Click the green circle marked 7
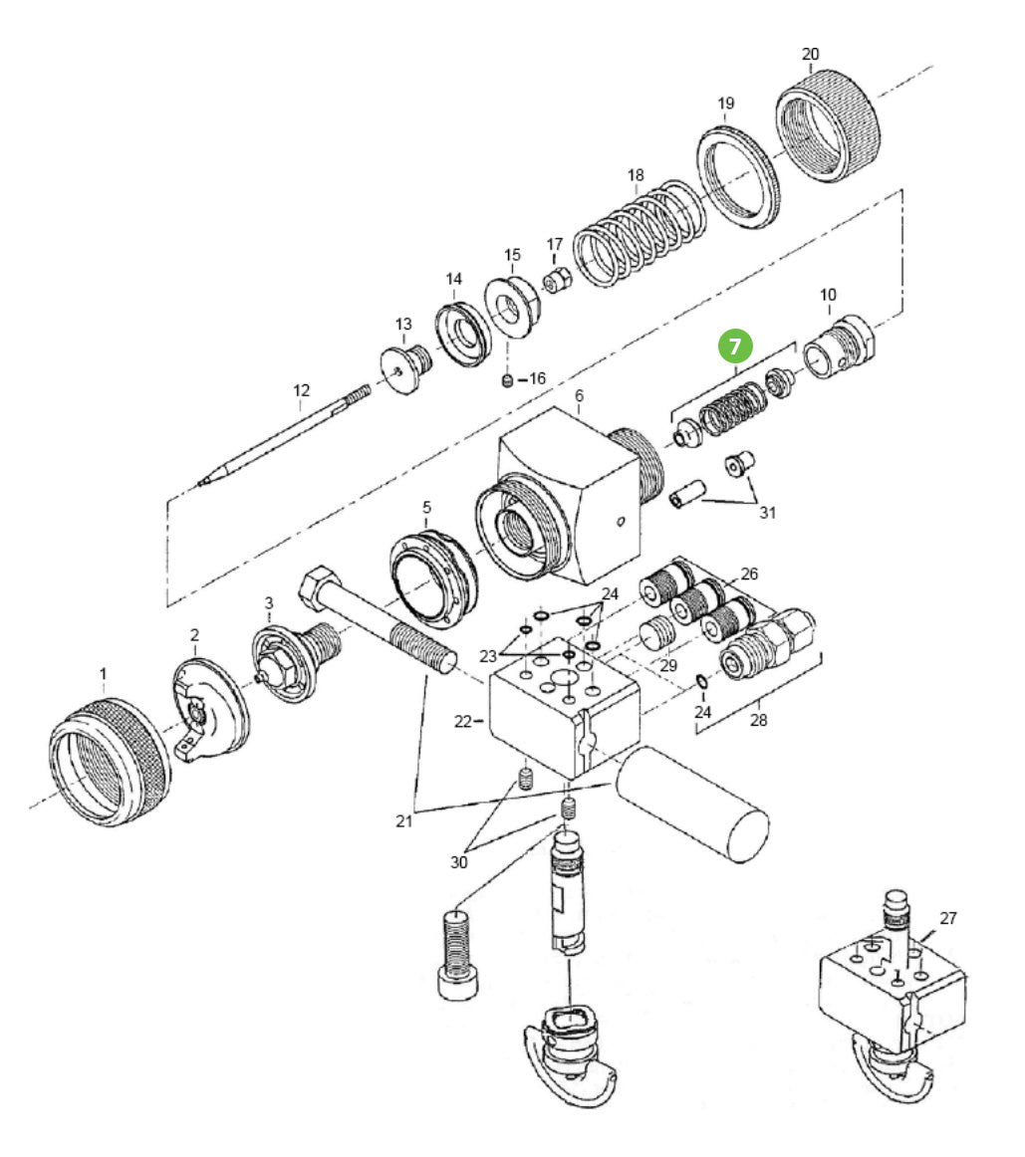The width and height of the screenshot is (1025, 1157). coord(735,346)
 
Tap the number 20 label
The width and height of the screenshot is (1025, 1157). coord(810,54)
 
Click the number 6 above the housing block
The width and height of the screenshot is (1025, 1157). coord(579,396)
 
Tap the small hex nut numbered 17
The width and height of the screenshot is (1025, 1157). coord(556,282)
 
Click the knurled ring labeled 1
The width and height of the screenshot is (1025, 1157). coord(111,761)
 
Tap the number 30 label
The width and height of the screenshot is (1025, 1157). coord(458,862)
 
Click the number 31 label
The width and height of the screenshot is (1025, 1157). coord(767,513)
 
